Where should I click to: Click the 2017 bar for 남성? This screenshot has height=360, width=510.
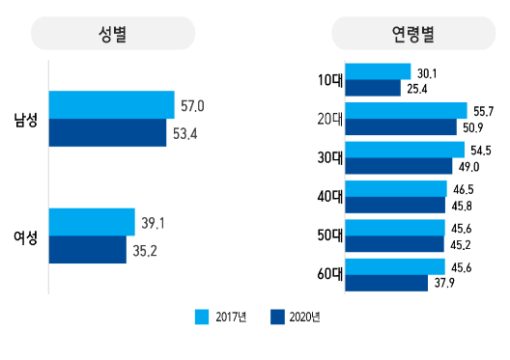pos(112,104)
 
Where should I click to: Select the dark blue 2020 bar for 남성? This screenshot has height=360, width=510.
pos(107,132)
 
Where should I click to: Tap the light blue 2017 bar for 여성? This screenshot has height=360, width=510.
pos(92,222)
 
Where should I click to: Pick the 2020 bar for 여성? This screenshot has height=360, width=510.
pos(88,250)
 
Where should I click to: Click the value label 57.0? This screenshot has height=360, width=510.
pos(192,106)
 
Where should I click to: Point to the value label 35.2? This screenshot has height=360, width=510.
pos(145,251)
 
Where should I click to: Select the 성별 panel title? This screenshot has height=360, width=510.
pos(113,34)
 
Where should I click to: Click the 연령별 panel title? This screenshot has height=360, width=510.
pos(413,34)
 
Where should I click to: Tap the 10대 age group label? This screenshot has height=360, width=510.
pos(330,80)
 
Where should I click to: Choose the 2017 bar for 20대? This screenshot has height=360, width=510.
pos(407,111)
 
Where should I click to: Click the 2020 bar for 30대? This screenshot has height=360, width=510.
pos(399,166)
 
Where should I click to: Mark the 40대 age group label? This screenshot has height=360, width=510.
pos(330,197)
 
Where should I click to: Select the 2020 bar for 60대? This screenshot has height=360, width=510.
pos(386,283)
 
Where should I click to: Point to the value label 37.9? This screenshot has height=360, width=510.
pos(444,283)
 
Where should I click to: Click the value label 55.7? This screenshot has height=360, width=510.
pos(483,111)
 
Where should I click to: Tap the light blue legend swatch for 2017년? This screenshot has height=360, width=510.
pos(202,317)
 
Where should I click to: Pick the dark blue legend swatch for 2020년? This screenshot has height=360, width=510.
pos(277,317)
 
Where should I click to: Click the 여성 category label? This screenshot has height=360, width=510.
pos(26,237)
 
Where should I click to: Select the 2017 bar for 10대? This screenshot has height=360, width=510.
pos(378,71)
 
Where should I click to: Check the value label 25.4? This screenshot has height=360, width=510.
pos(417,89)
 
